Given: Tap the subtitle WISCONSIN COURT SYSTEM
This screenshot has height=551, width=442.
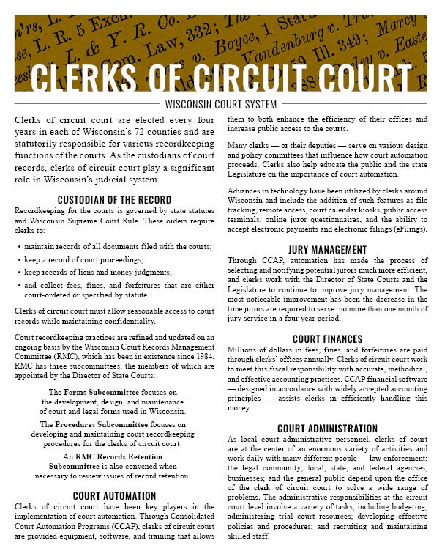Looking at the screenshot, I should click(221, 103).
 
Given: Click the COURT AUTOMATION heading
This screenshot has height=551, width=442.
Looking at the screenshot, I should click(114, 496).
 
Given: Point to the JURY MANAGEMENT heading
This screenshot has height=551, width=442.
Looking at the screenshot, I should click(328, 249).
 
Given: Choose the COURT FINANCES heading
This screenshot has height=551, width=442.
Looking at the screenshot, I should click(328, 339).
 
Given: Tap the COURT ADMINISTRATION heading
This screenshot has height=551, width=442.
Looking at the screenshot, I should click(328, 428).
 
